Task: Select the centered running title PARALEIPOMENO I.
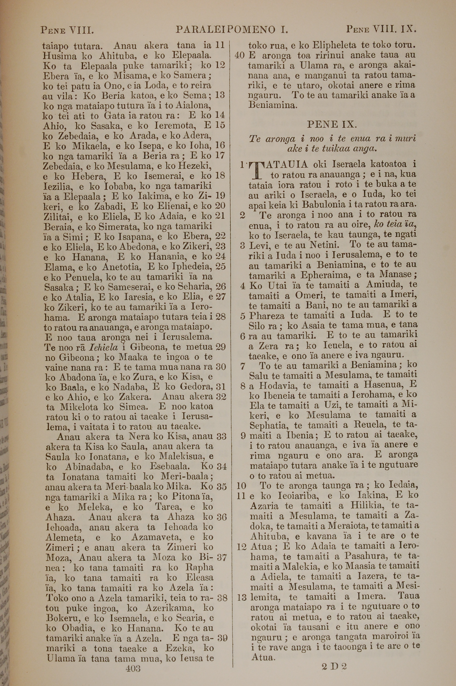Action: click(232, 29)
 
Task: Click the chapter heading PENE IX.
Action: click(332, 125)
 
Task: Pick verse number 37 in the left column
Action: click(222, 557)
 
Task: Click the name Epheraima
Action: click(329, 275)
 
